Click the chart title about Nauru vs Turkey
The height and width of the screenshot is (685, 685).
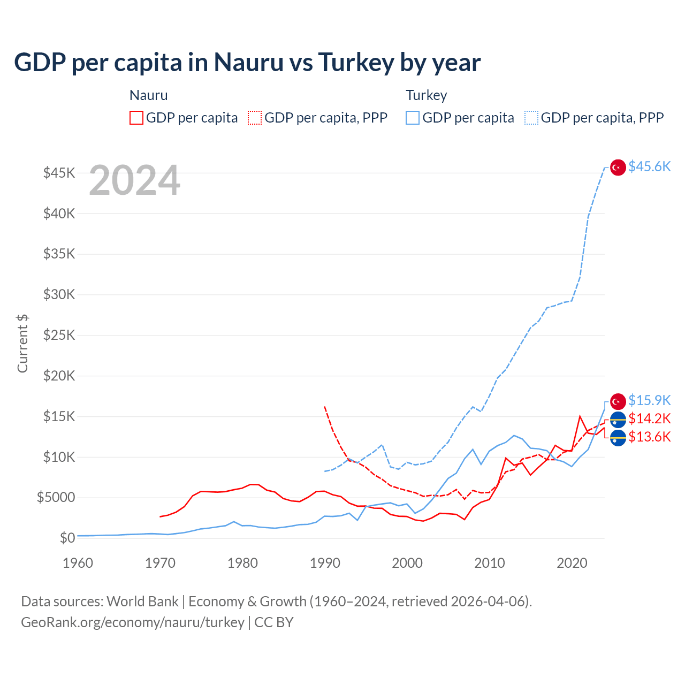coord(247,63)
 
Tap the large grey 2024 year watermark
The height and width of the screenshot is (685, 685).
coord(134,180)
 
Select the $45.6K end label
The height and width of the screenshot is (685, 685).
coord(649,167)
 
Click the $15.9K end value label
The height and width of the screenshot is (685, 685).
coord(649,400)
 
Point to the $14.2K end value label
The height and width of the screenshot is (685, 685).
coord(649,418)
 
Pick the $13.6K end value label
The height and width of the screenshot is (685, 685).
coord(649,437)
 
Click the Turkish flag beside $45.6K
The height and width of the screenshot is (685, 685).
coord(618,168)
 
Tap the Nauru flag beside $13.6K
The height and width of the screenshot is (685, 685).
coord(618,438)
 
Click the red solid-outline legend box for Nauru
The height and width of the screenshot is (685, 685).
coord(136,118)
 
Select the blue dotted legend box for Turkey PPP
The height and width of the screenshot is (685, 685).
coord(531,118)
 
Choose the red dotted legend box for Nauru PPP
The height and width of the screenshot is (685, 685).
coord(255,118)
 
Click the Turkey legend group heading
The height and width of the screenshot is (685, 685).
coord(426,95)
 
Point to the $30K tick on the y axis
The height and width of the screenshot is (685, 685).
coord(59,294)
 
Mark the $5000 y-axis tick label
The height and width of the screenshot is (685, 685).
coord(56,497)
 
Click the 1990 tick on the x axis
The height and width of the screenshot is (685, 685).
coord(325,563)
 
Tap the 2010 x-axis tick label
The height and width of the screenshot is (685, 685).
coord(490,563)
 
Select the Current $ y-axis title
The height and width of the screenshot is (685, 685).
coord(22,344)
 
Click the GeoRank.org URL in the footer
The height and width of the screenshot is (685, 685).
coord(133,622)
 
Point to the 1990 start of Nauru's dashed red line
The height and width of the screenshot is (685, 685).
coord(325,407)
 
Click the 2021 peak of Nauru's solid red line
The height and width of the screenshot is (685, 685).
coord(580,416)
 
